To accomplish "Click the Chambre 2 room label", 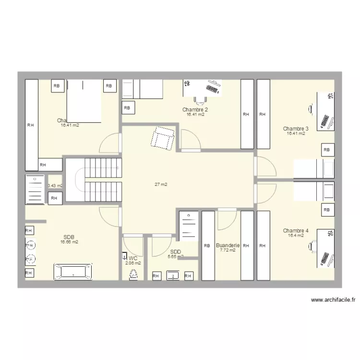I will point(195,109).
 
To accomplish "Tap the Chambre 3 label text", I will point(296,129).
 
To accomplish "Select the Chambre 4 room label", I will point(296,230).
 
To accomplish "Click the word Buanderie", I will point(228,245).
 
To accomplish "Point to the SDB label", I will point(69,237).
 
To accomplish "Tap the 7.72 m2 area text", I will point(228,250).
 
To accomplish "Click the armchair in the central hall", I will point(162,138).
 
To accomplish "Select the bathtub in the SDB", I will point(72,272).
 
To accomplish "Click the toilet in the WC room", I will point(133,274).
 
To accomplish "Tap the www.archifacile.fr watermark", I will point(333,300).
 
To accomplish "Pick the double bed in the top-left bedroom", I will point(84,101).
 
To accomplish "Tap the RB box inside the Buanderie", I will point(207,246).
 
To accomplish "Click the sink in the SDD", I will point(173,276).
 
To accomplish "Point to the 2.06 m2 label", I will point(133,263).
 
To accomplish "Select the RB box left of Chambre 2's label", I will point(127,108).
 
